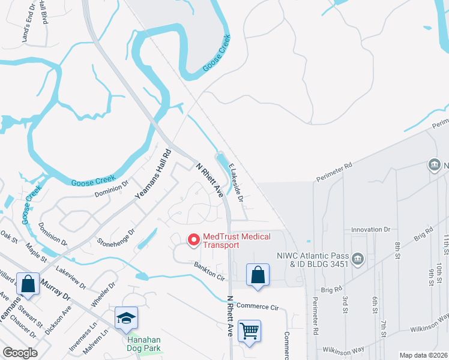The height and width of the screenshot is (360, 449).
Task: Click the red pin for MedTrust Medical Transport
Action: click(x=194, y=240)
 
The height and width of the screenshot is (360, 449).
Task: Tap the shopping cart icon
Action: click(x=249, y=330)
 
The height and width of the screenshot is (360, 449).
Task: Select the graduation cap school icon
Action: click(x=127, y=317)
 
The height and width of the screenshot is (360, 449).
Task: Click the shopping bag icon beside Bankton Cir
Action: click(x=258, y=275)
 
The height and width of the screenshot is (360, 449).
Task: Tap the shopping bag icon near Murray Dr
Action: click(x=28, y=284)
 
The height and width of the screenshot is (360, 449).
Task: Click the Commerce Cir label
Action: click(x=258, y=307)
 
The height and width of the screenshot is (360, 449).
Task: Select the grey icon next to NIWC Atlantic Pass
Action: click(x=358, y=259)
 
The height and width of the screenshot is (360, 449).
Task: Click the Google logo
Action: click(x=20, y=353)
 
